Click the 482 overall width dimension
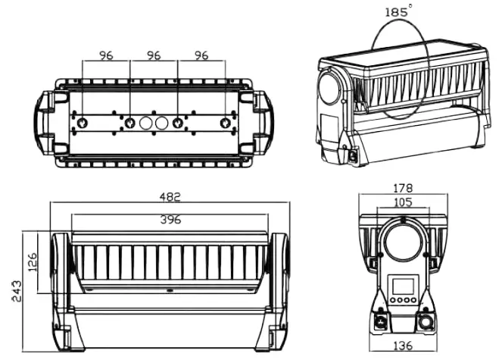pos(171,197)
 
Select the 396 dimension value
pos(171,220)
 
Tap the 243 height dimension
pos(17,289)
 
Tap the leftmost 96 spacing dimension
pos(106,55)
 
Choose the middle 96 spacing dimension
pos(154,55)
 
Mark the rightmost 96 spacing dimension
pos(201,55)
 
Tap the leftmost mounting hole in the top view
pos(83,123)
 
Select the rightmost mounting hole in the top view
pos(225,123)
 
